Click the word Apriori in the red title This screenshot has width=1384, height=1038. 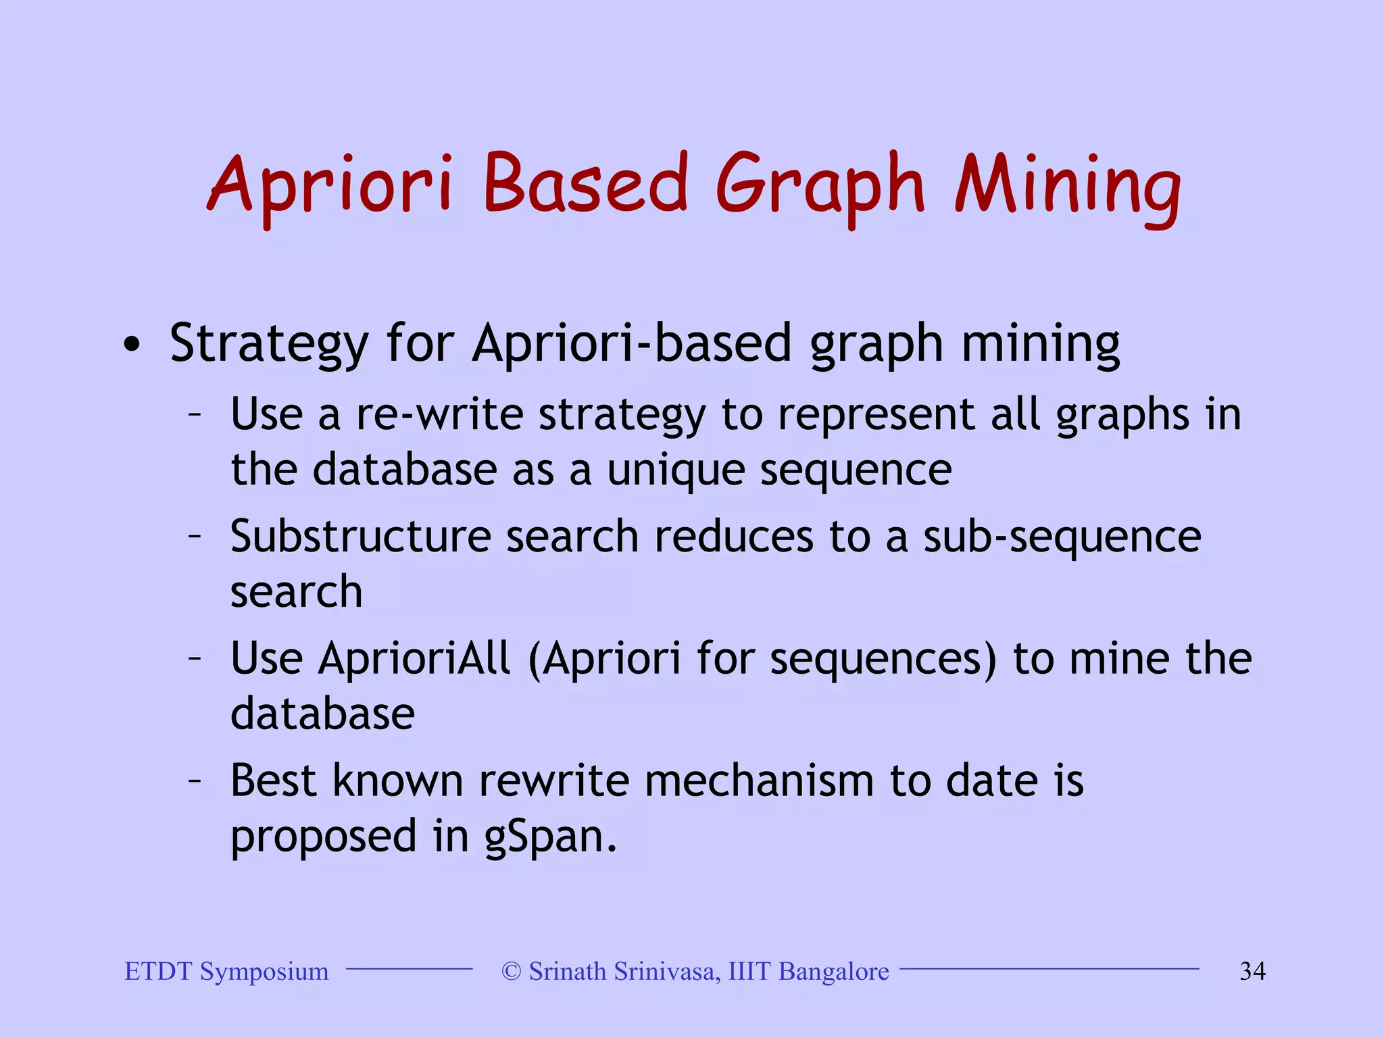pos(330,184)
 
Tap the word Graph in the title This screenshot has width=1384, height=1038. pos(819,184)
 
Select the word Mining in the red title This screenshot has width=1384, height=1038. pos(1068,184)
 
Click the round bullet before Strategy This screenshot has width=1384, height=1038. pos(132,345)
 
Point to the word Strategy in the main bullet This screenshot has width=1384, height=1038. pos(268,344)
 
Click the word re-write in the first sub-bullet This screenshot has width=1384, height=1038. pos(439,414)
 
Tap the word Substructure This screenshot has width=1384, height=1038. pos(360,537)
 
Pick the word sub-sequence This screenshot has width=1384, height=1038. pos(1062,538)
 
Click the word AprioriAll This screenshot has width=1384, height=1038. pos(414,658)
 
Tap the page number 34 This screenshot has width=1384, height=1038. pos(1252,971)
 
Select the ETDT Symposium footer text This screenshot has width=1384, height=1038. pos(226,971)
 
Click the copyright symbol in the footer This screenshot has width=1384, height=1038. pos(512,972)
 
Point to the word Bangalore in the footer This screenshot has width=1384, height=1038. pos(833,972)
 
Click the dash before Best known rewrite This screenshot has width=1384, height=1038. pos(195,781)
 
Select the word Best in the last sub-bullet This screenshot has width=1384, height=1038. pos(273,781)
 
